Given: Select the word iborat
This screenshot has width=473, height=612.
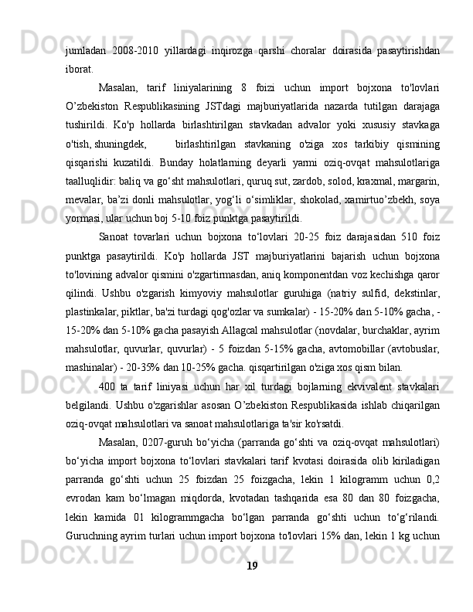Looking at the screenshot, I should pos(80,68).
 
